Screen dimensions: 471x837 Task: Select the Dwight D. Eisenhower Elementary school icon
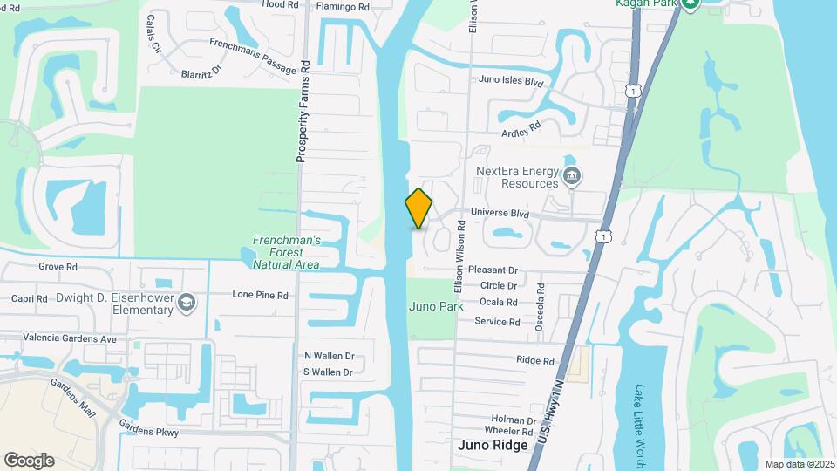[186, 303]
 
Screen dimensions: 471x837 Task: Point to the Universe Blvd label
[500, 212]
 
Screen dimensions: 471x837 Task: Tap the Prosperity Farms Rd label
[303, 111]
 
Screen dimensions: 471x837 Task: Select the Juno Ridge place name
[493, 445]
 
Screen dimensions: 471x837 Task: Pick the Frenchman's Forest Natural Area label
[286, 252]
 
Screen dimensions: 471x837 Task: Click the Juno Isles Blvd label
[511, 82]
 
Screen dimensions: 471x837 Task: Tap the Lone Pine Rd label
[260, 295]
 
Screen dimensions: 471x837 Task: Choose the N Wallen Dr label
[329, 356]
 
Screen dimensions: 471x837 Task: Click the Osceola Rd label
[541, 300]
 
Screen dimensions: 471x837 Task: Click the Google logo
[29, 460]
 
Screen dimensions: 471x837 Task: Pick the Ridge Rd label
[535, 360]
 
